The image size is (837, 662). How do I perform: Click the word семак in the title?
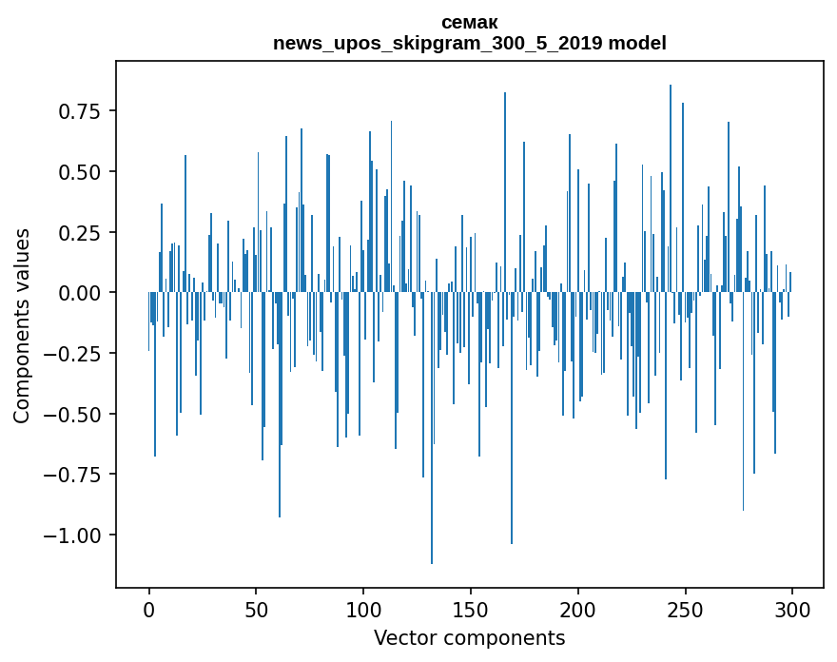[469, 22]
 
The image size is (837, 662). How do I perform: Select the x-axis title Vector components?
[469, 637]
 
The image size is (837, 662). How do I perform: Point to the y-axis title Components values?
[22, 325]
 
